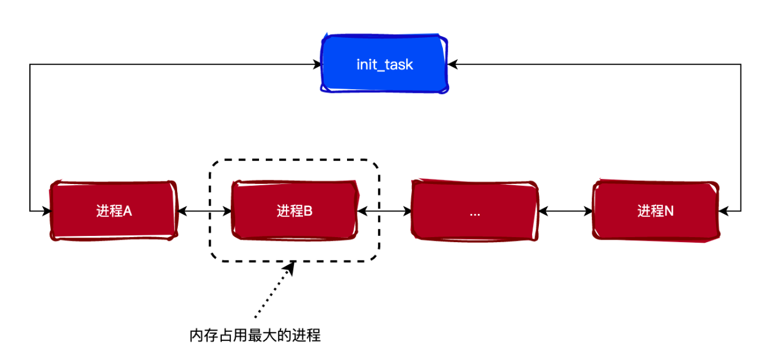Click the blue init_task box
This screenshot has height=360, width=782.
[385, 64]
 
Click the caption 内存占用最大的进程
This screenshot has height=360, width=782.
[255, 336]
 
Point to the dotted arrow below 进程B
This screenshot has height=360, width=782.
[274, 291]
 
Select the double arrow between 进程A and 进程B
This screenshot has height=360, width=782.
[204, 211]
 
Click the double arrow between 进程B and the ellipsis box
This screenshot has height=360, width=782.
[384, 211]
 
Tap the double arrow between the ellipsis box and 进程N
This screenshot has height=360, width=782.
[565, 211]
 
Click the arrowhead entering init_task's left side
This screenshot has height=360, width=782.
[318, 64]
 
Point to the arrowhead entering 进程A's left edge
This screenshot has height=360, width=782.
[46, 211]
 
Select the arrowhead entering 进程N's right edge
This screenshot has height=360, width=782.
[723, 211]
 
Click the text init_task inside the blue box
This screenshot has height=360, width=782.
[385, 64]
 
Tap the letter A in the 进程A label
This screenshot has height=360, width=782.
[128, 211]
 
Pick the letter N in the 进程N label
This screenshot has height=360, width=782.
[670, 211]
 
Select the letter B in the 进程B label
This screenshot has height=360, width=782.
[309, 211]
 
